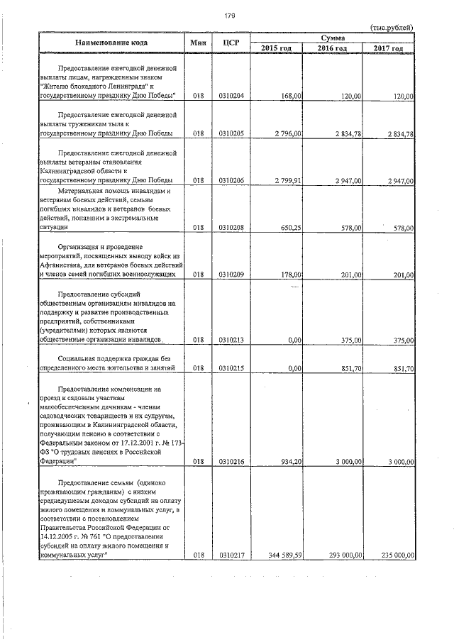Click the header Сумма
pyautogui.click(x=333, y=36)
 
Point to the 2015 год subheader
pyautogui.click(x=277, y=48)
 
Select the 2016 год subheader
pyautogui.click(x=332, y=48)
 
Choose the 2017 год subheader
pyautogui.click(x=388, y=48)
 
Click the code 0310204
pyautogui.click(x=231, y=95)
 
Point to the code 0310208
pyautogui.click(x=231, y=228)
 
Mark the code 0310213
pyautogui.click(x=231, y=340)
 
